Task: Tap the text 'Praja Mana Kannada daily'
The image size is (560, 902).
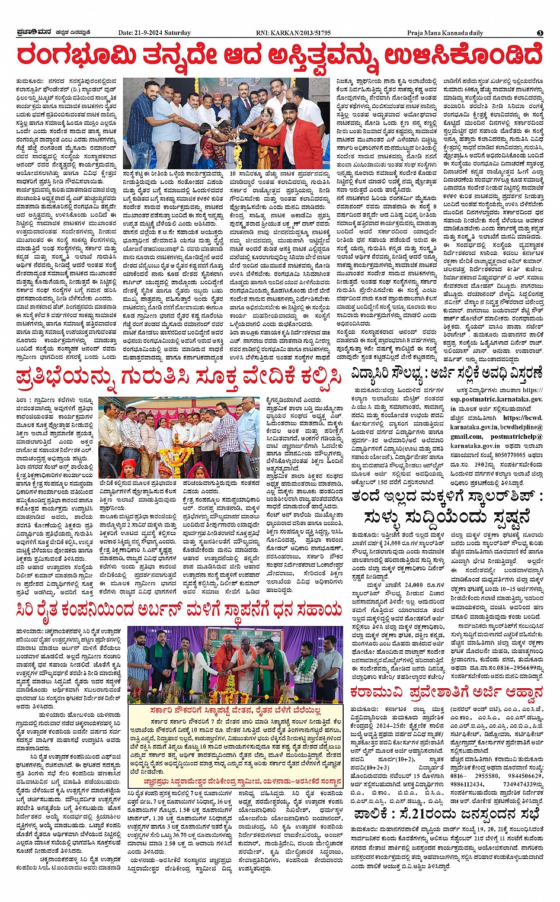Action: (x=445, y=33)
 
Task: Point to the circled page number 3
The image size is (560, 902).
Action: (x=540, y=33)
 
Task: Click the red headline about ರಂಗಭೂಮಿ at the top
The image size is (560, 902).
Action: (x=280, y=57)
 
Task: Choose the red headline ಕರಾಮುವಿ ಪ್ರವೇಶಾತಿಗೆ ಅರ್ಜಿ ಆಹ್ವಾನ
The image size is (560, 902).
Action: (x=446, y=691)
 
